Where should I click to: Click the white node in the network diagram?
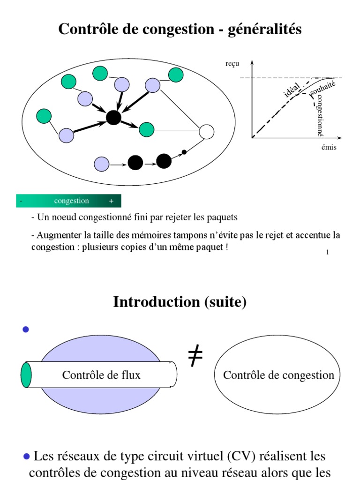[206, 132]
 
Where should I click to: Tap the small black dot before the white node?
[184, 152]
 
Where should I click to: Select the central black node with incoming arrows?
[113, 117]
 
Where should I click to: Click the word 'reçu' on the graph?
[232, 64]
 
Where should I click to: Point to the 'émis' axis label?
[329, 147]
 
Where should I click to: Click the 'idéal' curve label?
[292, 89]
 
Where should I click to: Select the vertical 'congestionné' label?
[320, 115]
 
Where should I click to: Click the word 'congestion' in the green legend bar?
[71, 201]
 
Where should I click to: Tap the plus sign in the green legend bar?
[111, 201]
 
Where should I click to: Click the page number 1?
[327, 252]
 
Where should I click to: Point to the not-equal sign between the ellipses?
[195, 358]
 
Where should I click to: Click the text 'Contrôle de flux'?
[101, 375]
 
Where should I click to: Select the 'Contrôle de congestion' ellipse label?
[278, 375]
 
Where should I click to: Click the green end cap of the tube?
[26, 375]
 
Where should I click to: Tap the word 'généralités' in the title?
[264, 30]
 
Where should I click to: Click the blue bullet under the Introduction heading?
[26, 330]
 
